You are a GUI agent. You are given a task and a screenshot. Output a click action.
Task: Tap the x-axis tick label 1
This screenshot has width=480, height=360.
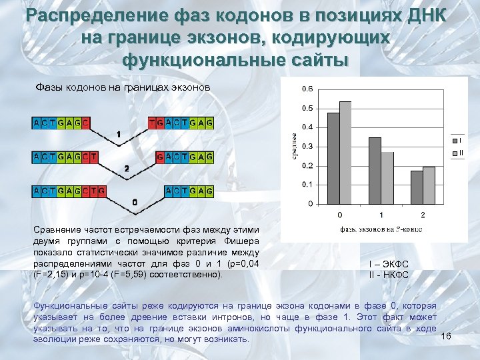tap(381, 215)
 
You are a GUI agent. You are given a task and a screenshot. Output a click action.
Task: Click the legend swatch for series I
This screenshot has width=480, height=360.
tap(454, 141)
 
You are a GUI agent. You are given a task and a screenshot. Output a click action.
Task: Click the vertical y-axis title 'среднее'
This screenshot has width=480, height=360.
tap(293, 146)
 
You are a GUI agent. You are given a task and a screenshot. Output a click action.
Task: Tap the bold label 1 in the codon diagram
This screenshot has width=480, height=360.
tap(119, 135)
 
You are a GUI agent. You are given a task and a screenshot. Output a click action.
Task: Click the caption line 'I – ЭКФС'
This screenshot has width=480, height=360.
tap(388, 264)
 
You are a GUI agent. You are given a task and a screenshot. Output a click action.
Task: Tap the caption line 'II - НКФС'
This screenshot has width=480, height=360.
tap(388, 275)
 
